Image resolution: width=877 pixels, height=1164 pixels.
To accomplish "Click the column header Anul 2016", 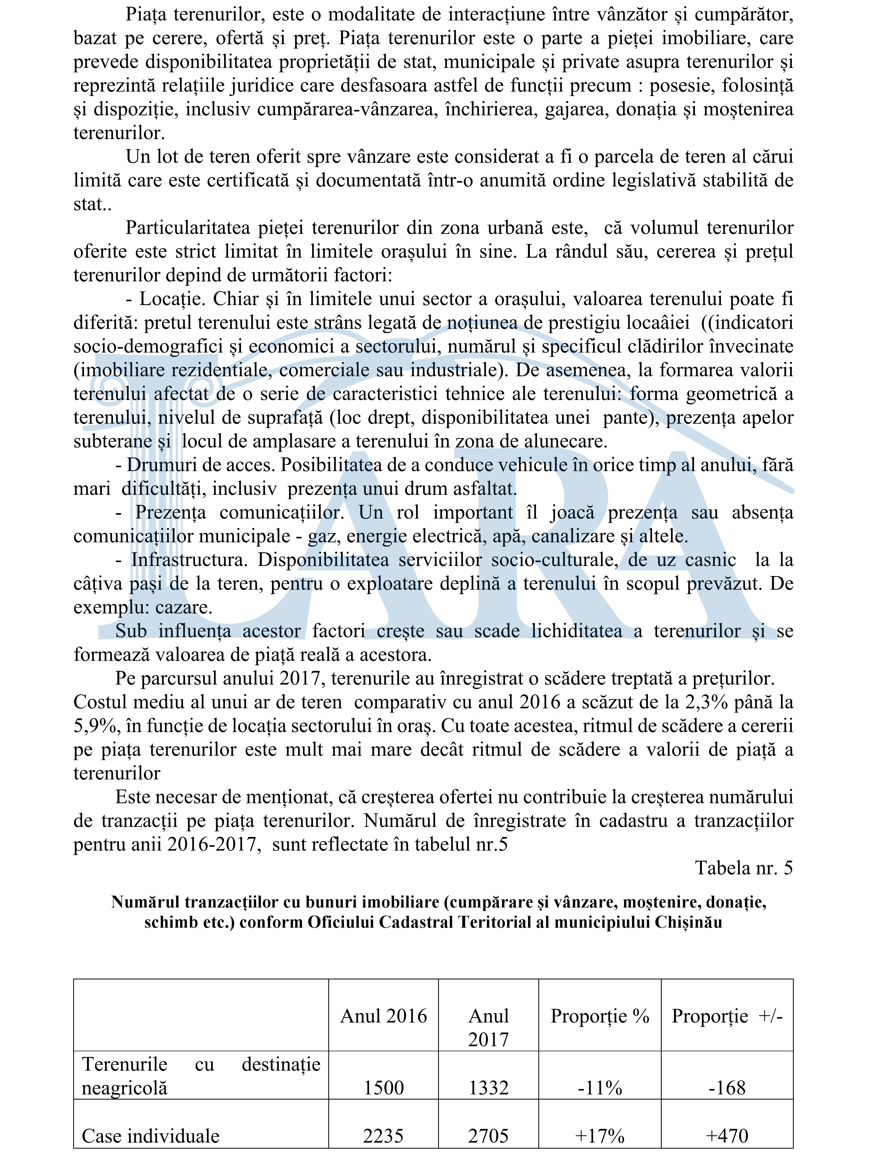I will point(383,1015).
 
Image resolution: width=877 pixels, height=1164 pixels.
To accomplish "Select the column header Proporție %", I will point(600,1015).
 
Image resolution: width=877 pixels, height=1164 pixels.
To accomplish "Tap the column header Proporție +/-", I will point(727,1015).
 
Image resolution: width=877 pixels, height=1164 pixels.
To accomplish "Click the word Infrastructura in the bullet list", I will point(189,559).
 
